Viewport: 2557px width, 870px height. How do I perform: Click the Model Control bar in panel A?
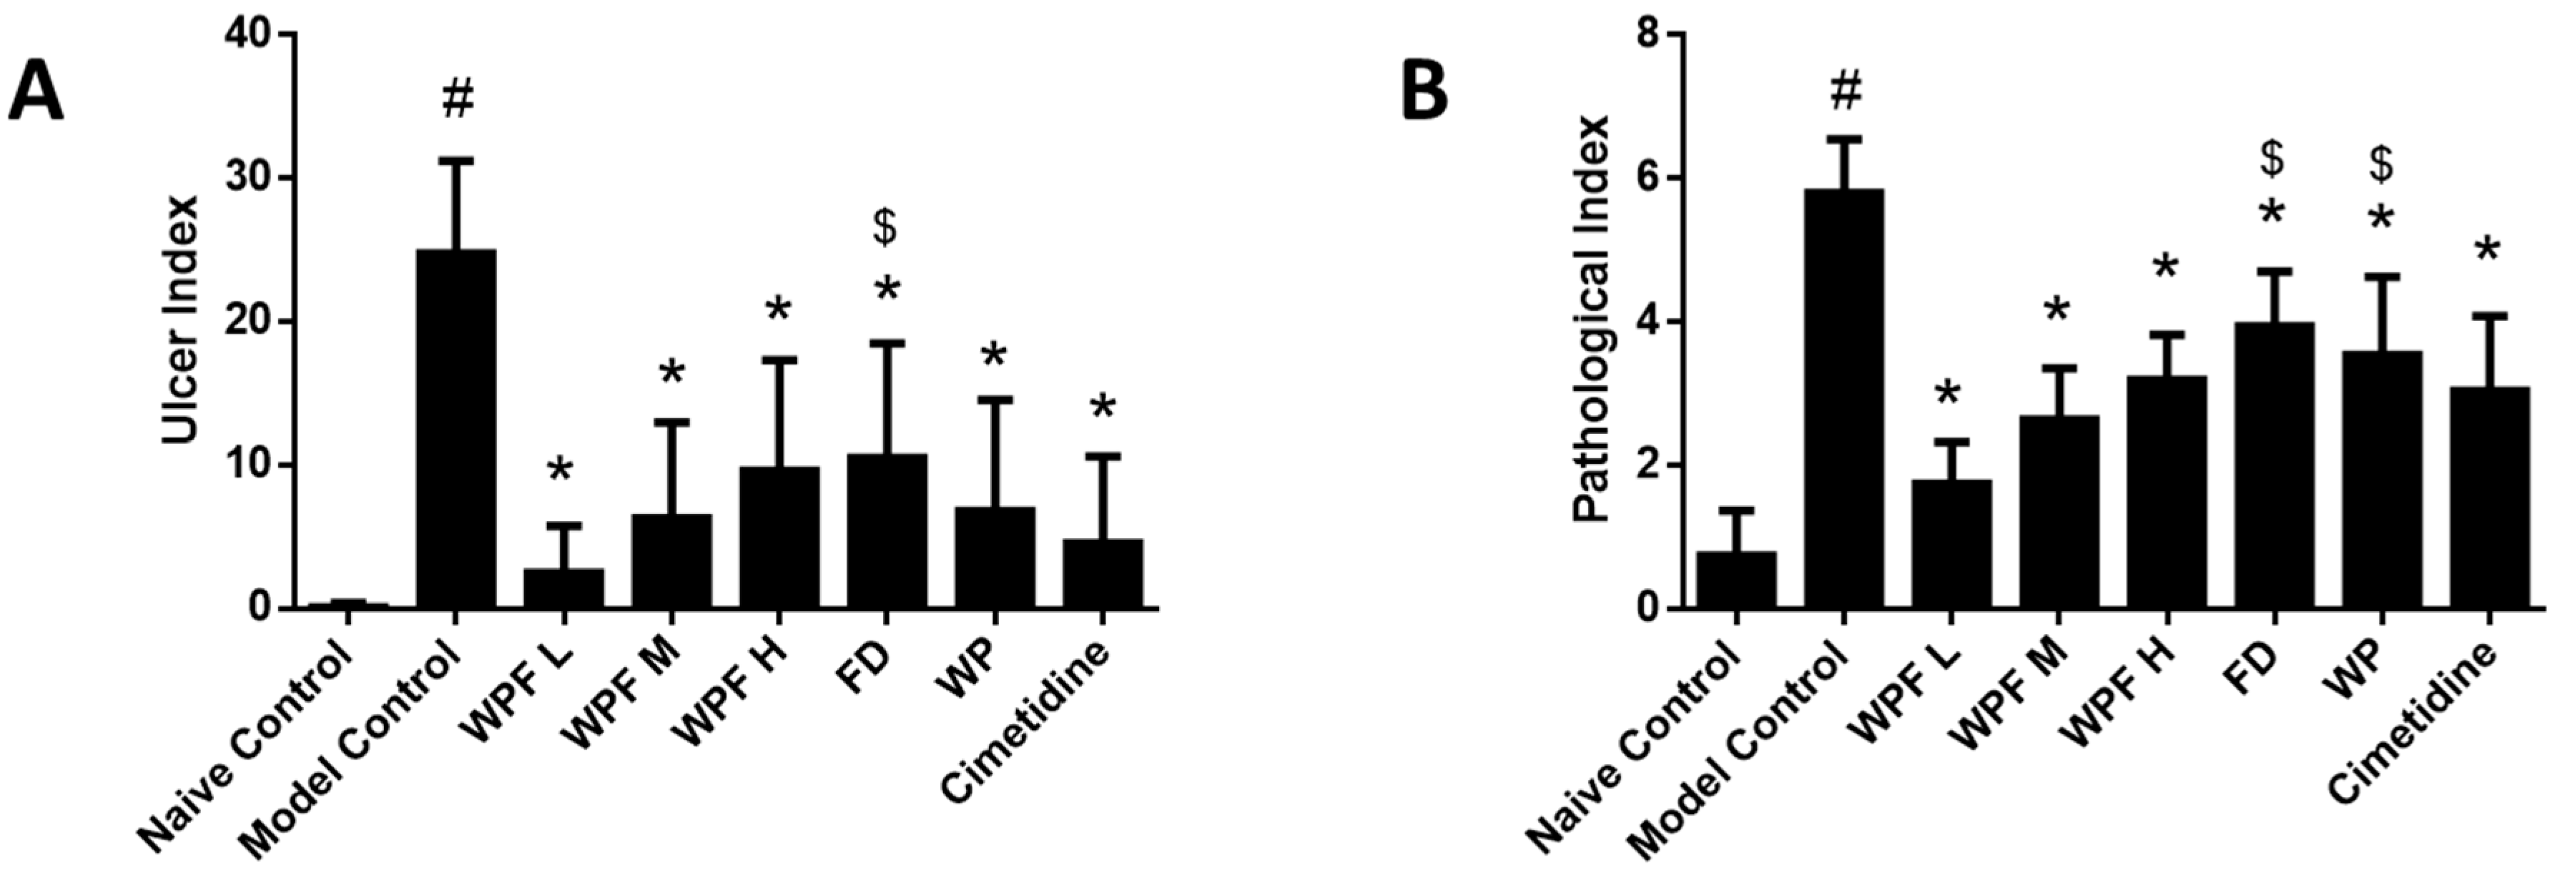(455, 427)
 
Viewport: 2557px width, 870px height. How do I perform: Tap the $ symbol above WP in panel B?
(2380, 164)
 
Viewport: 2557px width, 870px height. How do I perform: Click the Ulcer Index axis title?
(181, 320)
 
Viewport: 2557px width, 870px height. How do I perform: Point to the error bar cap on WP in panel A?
(995, 399)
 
